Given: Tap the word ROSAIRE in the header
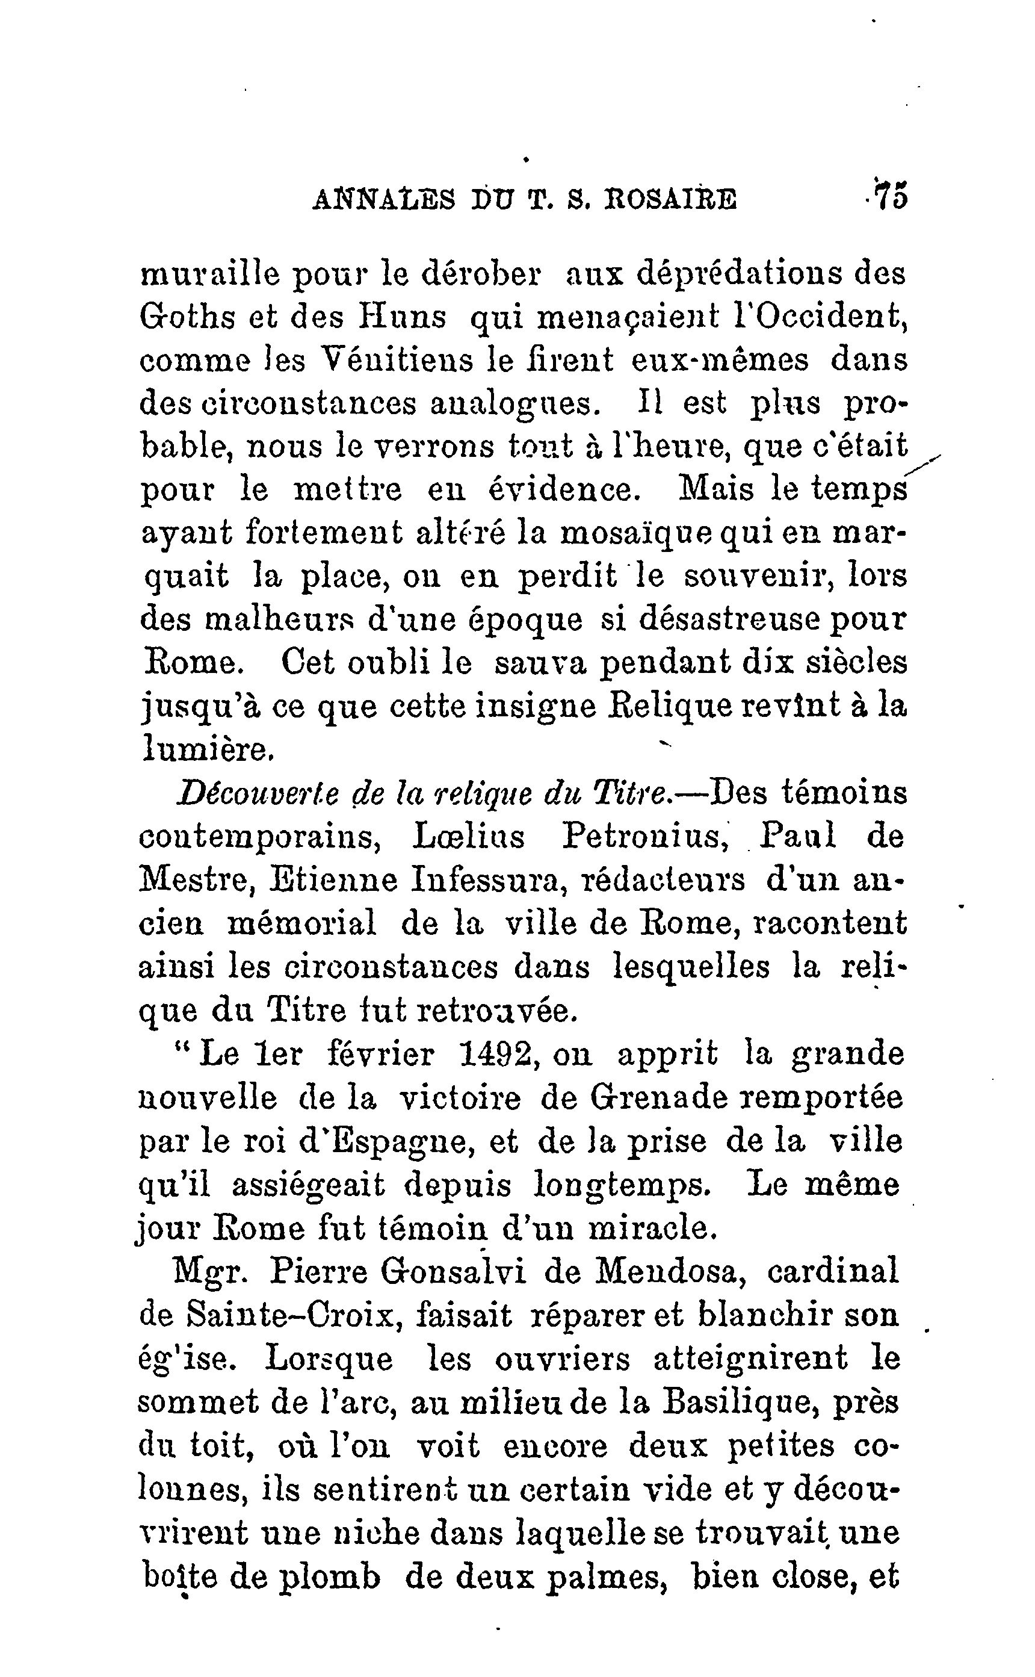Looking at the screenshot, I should [670, 199].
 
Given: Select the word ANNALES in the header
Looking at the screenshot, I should [383, 199].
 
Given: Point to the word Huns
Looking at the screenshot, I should [403, 317].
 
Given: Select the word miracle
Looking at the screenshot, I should [652, 1229].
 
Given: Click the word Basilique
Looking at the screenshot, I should [738, 1403].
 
